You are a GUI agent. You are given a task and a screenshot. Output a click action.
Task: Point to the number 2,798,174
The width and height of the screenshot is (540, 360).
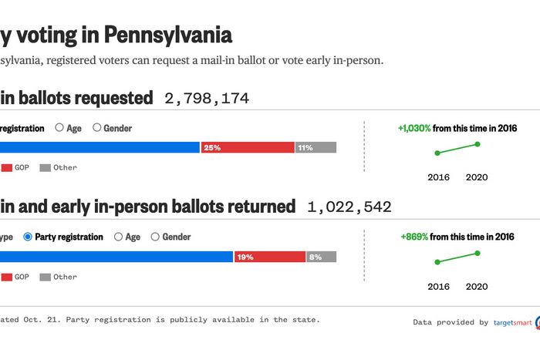tap(207, 98)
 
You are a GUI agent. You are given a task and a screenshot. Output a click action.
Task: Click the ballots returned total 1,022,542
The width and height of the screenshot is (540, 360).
tap(349, 207)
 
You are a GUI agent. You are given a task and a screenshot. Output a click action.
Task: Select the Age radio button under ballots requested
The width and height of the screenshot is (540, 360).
tap(59, 128)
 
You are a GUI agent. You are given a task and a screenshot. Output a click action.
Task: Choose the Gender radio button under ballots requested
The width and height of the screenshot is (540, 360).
tap(97, 128)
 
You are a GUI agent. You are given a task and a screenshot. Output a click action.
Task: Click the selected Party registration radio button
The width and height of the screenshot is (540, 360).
tap(29, 237)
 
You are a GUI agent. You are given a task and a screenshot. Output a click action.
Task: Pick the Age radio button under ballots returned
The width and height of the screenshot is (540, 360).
tap(118, 237)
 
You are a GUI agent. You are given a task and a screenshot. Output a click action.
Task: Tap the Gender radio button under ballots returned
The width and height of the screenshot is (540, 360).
tap(155, 237)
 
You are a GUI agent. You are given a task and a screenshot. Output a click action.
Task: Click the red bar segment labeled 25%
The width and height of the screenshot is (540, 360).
tap(247, 147)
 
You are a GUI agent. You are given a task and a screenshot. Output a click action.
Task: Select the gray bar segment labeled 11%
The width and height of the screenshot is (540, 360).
tap(316, 147)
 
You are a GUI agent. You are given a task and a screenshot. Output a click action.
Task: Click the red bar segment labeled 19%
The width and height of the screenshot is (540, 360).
tap(269, 257)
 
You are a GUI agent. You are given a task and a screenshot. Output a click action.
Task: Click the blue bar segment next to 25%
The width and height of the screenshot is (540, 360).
tap(100, 147)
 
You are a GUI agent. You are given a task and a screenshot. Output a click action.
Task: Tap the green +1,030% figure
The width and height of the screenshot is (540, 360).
tap(413, 128)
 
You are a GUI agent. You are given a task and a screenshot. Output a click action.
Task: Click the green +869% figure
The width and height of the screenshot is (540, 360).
tap(414, 237)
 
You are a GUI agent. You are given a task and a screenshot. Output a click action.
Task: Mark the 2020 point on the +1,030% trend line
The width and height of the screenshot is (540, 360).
tap(477, 144)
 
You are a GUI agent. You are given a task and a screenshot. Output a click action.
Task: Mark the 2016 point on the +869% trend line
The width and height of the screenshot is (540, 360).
tap(437, 262)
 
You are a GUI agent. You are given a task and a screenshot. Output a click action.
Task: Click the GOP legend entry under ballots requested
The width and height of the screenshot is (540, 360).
tap(15, 167)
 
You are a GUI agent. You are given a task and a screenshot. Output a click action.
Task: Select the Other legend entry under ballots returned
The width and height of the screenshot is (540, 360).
tap(58, 277)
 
